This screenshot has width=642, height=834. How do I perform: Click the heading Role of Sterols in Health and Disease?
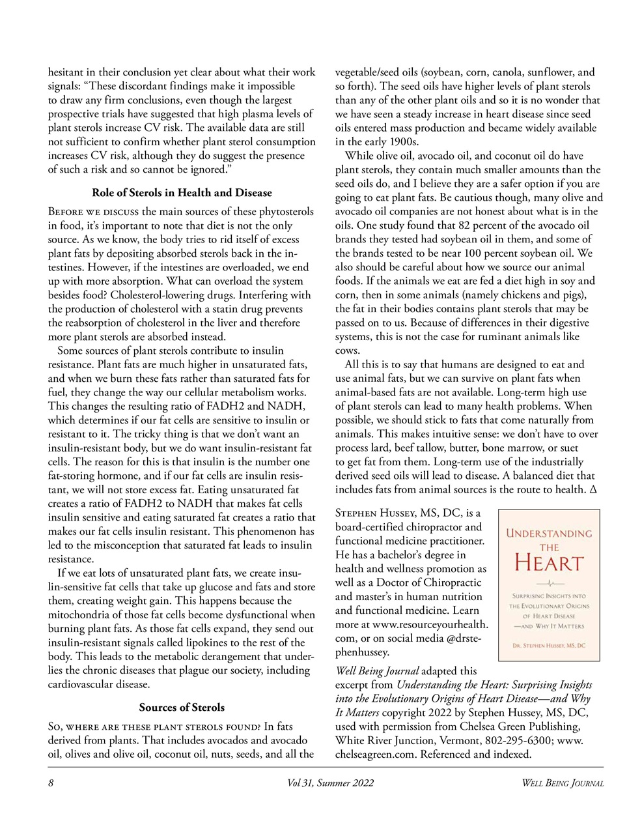(182, 193)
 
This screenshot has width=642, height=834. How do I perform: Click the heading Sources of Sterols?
(182, 708)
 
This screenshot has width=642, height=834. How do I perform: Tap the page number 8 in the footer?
(51, 783)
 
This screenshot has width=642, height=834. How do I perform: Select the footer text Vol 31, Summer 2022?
(330, 783)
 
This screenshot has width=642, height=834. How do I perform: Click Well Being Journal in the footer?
(563, 783)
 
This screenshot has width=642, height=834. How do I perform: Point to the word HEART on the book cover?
(549, 562)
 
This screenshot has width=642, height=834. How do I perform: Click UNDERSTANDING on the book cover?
(549, 533)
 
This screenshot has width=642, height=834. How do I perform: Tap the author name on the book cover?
(549, 646)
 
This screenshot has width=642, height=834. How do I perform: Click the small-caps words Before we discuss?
(93, 212)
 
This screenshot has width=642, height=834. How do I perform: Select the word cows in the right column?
(346, 351)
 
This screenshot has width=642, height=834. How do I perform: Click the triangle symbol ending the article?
(593, 490)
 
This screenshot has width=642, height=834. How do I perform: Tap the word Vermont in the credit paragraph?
(457, 741)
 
